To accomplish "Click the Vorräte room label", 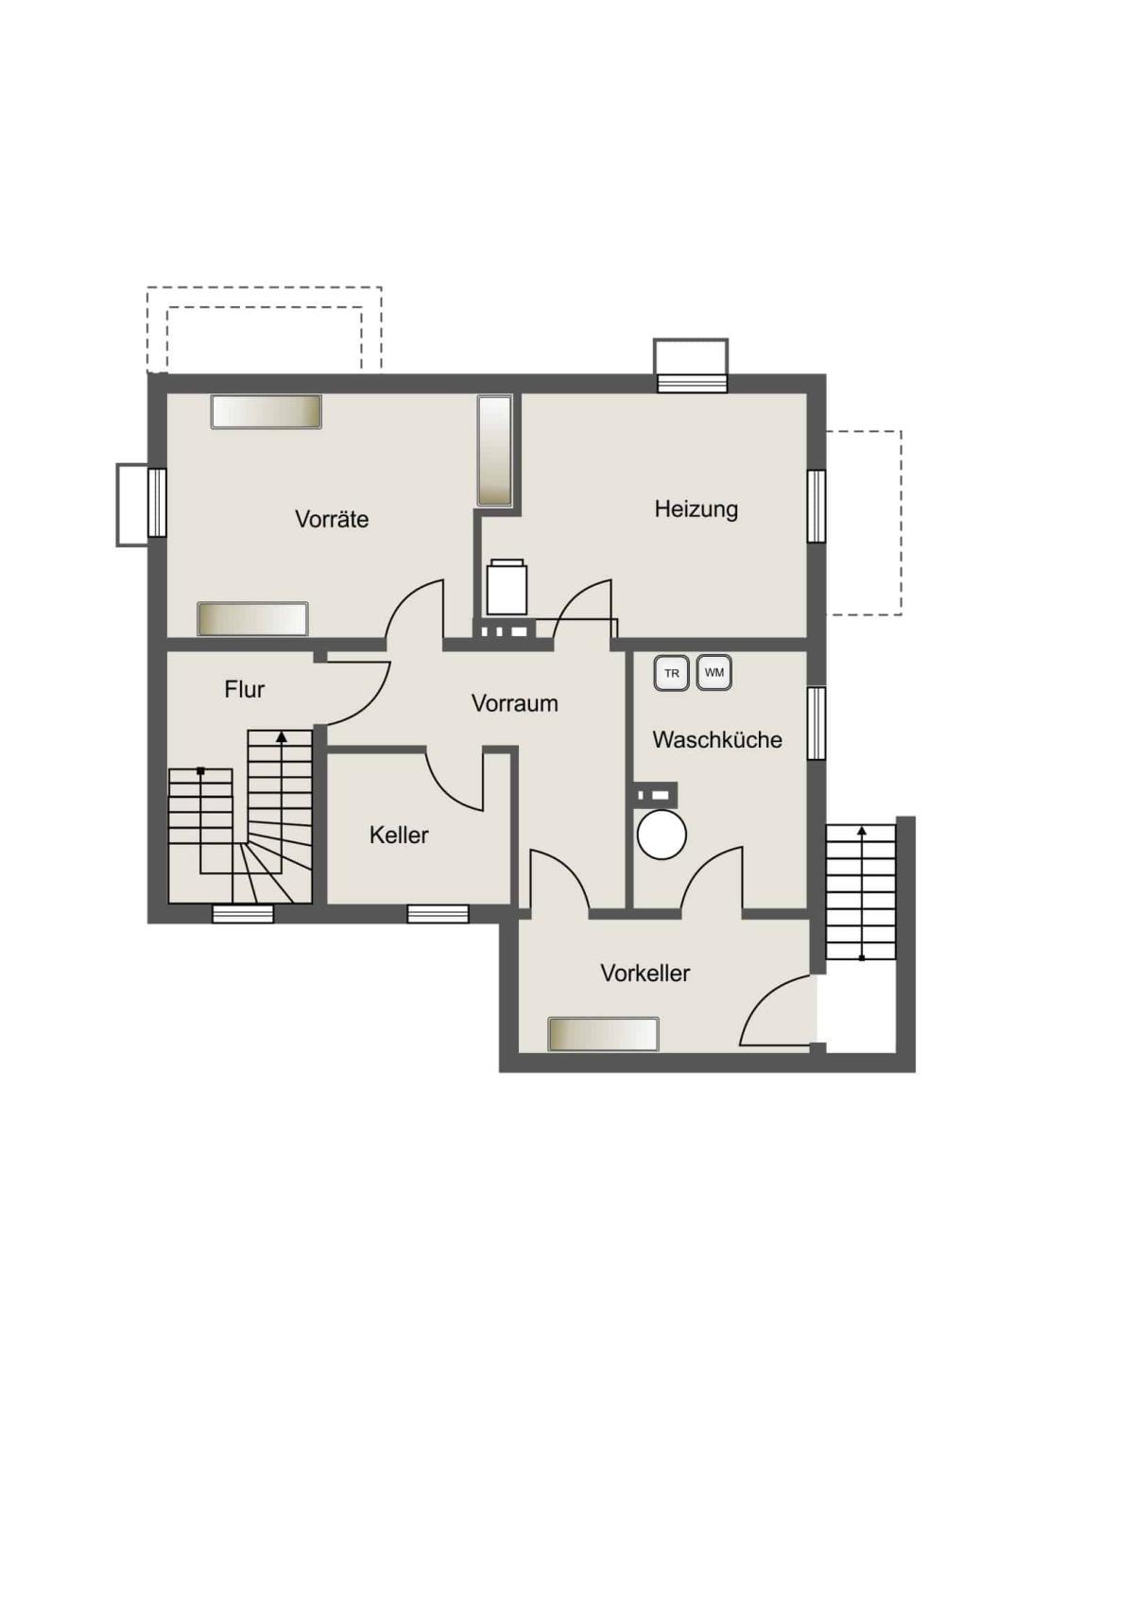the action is (x=332, y=518).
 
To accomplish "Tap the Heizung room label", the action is (x=696, y=509).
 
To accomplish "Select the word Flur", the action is (x=244, y=690).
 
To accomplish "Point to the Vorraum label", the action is (x=515, y=703).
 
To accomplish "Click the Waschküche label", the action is (x=717, y=740).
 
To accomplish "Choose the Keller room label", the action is (x=399, y=835).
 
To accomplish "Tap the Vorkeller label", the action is (x=645, y=974).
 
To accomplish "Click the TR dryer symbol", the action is (x=672, y=673).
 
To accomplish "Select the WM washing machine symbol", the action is (x=714, y=673).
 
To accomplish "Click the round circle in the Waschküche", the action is (x=662, y=835).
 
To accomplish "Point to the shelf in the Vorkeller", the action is (x=604, y=1034).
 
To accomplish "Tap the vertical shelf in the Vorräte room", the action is (x=494, y=451).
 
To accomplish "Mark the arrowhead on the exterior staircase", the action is (x=862, y=831).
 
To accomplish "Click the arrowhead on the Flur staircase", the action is (x=282, y=736).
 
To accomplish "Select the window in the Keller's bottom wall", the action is (x=438, y=914).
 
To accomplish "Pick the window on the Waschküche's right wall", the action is (x=816, y=722).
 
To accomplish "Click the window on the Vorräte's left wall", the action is (x=157, y=503).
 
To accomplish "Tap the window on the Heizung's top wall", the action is (x=693, y=383).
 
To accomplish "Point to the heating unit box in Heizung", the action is (x=507, y=587).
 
